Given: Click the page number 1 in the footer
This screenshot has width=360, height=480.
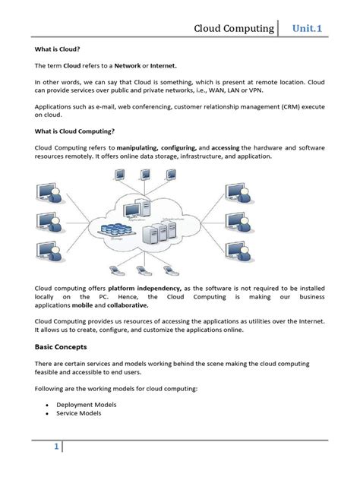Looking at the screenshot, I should coord(55,449).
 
